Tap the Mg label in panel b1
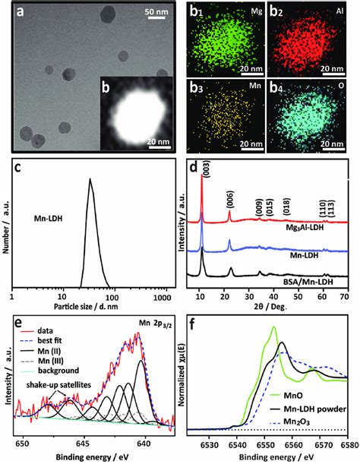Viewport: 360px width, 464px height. point(238,14)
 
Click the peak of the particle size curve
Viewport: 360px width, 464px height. point(90,180)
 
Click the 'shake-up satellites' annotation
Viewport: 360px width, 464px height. point(58,384)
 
